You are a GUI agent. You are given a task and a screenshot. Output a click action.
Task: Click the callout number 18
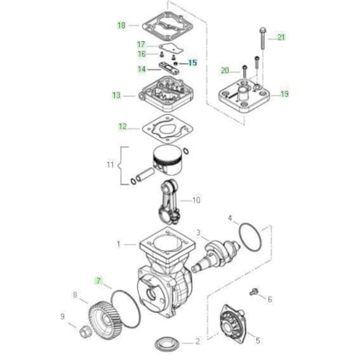coord(122,26)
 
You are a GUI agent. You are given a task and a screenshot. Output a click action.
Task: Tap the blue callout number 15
coord(193,63)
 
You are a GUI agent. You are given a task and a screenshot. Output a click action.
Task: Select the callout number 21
coord(281,37)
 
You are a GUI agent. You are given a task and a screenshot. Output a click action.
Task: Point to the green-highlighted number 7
coord(99,281)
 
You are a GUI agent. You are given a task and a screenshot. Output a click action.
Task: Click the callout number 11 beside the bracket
coord(111,165)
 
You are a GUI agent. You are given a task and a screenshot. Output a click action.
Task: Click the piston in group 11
coord(167,161)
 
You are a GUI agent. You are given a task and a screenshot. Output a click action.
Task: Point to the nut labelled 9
coord(84,331)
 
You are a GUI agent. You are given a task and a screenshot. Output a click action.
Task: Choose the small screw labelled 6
coord(253,292)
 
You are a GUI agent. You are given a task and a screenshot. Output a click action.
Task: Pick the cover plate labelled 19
coord(244,97)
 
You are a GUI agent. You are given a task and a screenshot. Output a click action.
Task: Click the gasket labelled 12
coord(168,129)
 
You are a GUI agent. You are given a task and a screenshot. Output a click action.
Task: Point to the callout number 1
coord(118,244)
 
